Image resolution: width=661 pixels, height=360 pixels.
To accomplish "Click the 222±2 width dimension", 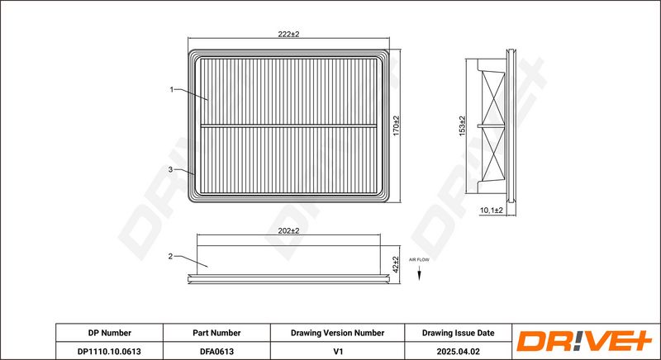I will pos(288,34).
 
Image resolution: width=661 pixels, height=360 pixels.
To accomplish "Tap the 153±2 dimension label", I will pos(463,127).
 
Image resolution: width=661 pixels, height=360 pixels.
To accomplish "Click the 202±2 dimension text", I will pos(288,232).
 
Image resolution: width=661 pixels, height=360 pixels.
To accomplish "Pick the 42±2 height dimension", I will pos(396,265).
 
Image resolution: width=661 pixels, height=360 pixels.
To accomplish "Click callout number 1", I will pos(172,88).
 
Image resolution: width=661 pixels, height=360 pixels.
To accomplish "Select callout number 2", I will pos(170,256).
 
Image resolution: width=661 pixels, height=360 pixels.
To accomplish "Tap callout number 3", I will pos(170,169).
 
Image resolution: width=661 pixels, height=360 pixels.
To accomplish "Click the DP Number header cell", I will pos(109,333).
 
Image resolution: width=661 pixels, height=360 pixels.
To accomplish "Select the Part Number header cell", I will pos(216,333).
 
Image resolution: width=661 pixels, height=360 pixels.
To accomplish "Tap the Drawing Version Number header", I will pos(337,333).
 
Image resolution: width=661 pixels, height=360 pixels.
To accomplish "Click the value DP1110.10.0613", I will pos(109,351).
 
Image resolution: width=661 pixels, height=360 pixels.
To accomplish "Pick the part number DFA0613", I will pos(216,351).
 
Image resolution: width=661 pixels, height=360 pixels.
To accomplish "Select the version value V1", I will pos(337,351).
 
